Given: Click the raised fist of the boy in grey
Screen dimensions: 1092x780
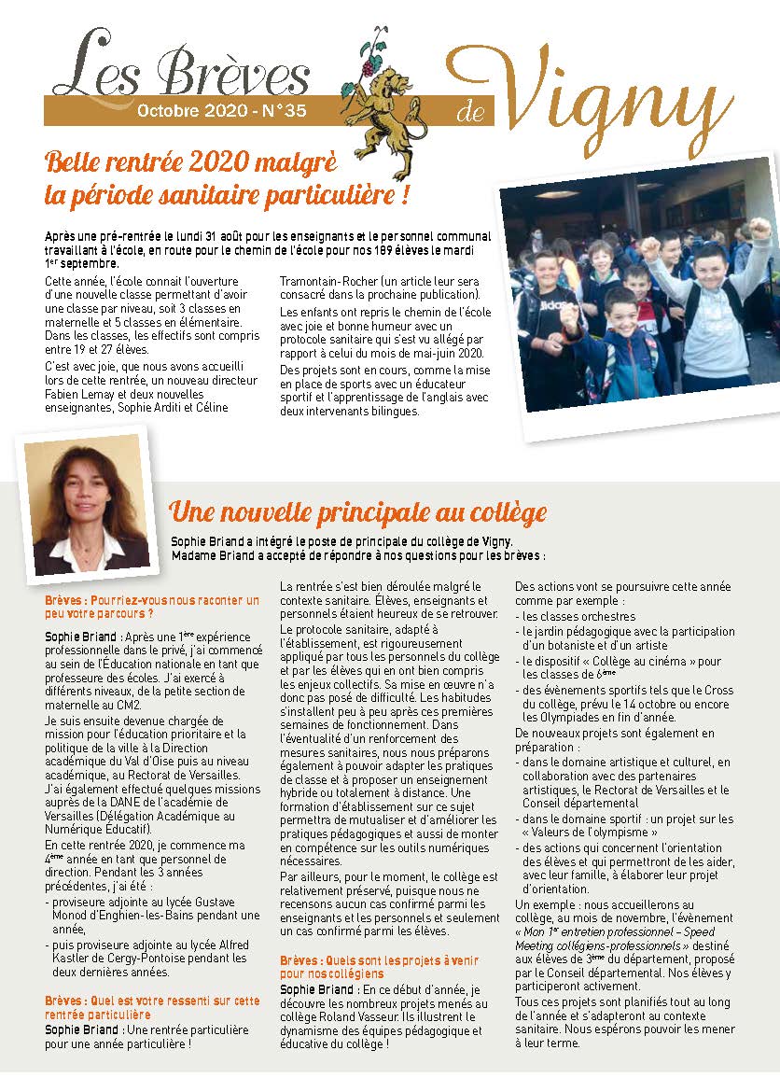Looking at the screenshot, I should (760, 229).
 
